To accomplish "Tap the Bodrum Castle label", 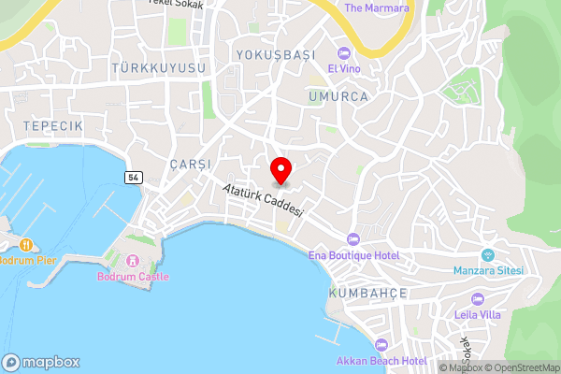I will point(134,277).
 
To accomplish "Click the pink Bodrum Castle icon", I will point(133,260).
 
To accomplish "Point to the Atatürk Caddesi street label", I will point(264,200).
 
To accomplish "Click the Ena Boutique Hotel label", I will point(354,255).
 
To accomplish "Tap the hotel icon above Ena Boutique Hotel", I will point(352,239).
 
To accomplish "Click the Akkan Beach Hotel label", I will point(381,361).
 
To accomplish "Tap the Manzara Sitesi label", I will point(487,270).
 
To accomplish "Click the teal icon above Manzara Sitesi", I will point(486,254).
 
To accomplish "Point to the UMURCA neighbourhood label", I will point(338,95).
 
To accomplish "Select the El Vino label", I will point(343,68).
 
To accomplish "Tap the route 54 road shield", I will point(133,177).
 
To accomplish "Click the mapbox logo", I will point(41,362).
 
